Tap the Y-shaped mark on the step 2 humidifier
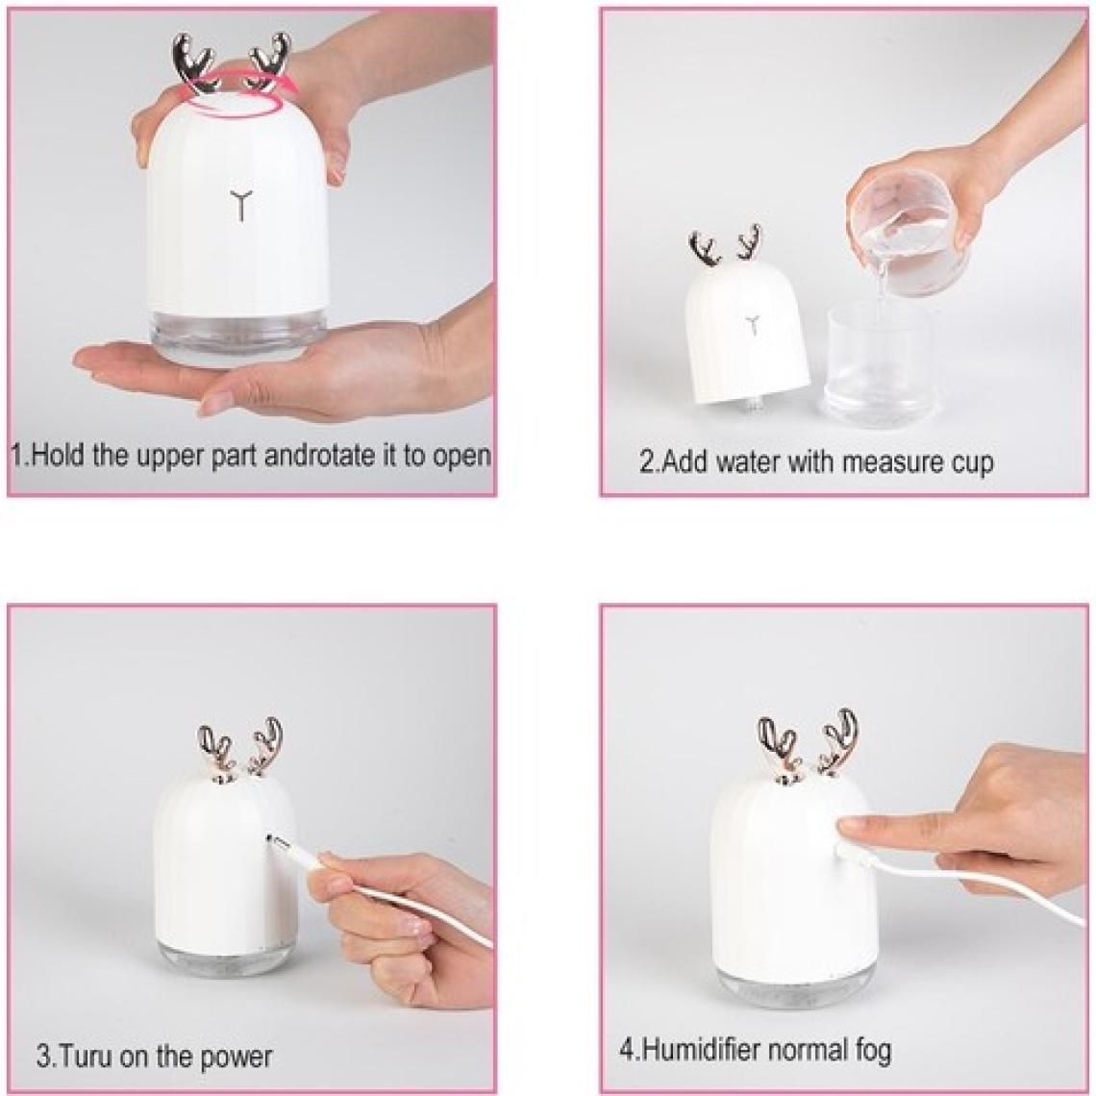752,324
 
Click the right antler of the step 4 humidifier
838,742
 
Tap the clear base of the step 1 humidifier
240,331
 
